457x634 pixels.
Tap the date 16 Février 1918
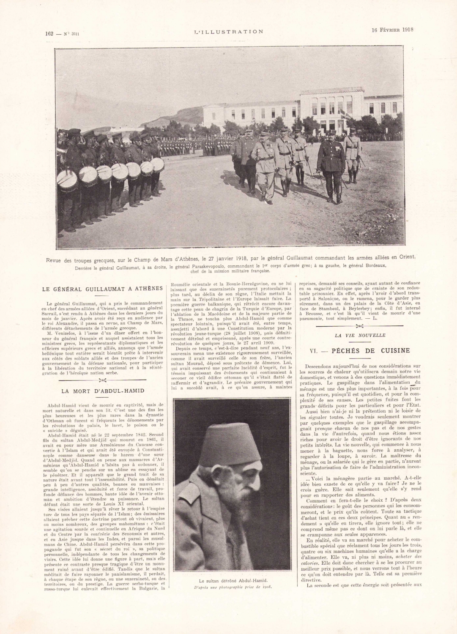[x=392, y=30]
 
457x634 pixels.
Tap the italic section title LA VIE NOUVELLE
[x=360, y=335]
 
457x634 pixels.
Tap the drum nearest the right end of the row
[x=158, y=164]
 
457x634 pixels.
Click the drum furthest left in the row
[x=68, y=179]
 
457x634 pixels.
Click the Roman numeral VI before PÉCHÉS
[x=313, y=350]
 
